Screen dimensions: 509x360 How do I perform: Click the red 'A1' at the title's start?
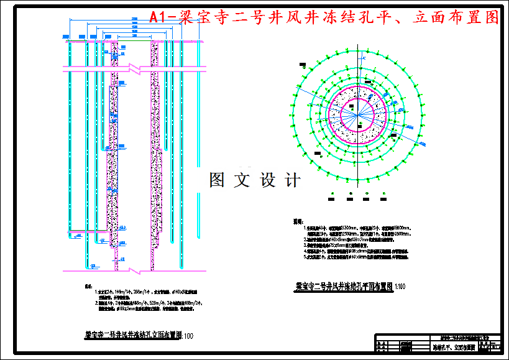pyautogui.click(x=159, y=17)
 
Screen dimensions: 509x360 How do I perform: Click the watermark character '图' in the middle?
pyautogui.click(x=218, y=180)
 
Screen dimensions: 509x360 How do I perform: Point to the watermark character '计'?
pyautogui.click(x=291, y=180)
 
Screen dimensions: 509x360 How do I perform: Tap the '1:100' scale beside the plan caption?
pyautogui.click(x=399, y=287)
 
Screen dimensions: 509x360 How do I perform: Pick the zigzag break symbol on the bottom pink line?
pyautogui.click(x=132, y=270)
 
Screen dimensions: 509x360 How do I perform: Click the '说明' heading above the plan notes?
pyautogui.click(x=298, y=221)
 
